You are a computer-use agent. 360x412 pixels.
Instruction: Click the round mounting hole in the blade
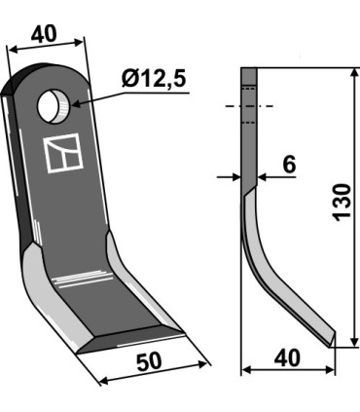pyautogui.click(x=54, y=104)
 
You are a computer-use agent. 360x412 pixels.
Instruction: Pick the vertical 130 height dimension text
pyautogui.click(x=341, y=203)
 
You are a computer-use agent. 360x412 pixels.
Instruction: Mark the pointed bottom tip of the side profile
pyautogui.click(x=333, y=344)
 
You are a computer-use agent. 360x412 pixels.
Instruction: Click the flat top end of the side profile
pyautogui.click(x=249, y=68)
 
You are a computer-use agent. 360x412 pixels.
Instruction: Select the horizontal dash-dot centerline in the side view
pyautogui.click(x=249, y=105)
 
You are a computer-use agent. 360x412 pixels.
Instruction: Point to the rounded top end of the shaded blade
pyautogui.click(x=45, y=73)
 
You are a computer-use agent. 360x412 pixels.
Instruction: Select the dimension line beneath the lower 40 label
pyautogui.click(x=288, y=370)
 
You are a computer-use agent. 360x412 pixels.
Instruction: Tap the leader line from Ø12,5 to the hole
pyautogui.click(x=102, y=94)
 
